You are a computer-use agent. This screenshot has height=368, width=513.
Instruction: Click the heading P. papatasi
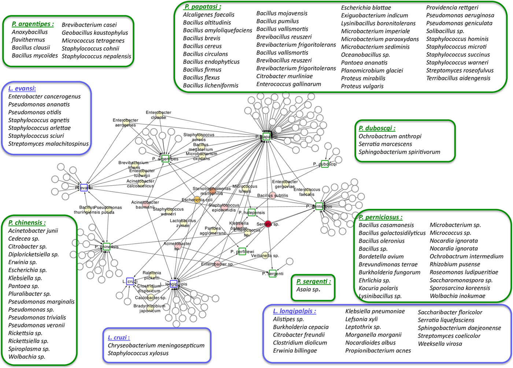click(203, 7)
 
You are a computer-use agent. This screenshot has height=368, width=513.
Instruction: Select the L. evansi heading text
click(22, 88)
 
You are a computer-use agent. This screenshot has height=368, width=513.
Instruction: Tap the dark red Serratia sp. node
click(268, 224)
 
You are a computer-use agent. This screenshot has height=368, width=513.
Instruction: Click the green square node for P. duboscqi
click(325, 164)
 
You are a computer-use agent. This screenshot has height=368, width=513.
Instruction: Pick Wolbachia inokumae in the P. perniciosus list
click(457, 296)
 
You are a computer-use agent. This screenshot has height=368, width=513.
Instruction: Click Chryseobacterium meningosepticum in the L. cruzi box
click(156, 345)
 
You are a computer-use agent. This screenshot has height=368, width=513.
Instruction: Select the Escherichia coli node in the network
click(198, 200)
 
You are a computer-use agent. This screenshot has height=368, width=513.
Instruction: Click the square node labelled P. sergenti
click(272, 273)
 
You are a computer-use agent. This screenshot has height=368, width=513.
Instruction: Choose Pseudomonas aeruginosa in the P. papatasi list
click(460, 15)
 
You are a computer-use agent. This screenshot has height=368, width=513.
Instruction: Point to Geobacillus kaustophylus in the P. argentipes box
click(95, 33)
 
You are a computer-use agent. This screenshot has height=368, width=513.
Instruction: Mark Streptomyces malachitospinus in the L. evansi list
click(48, 144)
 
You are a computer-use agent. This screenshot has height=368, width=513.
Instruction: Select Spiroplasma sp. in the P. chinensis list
click(29, 349)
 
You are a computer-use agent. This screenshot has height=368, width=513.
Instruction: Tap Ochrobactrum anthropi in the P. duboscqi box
click(390, 136)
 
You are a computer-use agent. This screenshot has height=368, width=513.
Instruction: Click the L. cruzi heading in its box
click(119, 338)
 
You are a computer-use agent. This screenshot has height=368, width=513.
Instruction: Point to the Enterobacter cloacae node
click(159, 115)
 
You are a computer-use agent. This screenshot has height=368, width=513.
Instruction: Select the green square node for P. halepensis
click(251, 212)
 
